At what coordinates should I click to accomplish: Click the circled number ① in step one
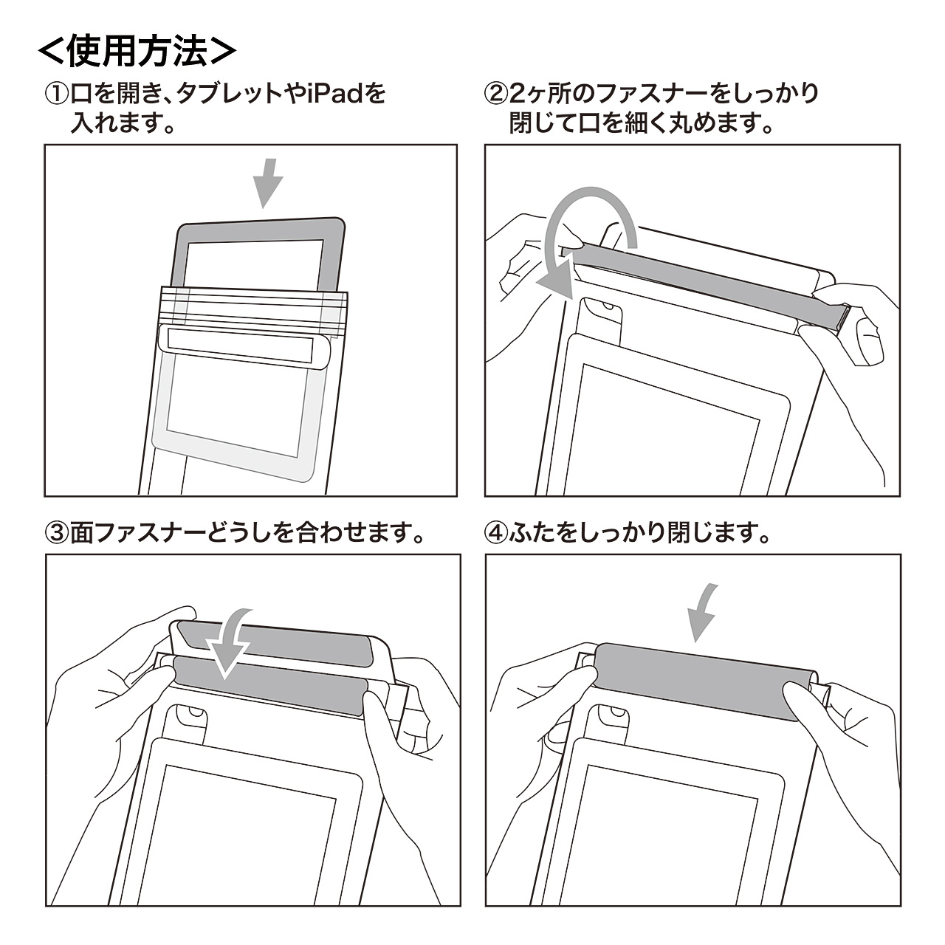[x=58, y=94]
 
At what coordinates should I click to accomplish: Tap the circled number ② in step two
[x=496, y=94]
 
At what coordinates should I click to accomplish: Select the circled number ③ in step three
[x=58, y=534]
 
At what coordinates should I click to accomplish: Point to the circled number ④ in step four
[x=496, y=534]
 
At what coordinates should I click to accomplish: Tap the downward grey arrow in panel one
[x=267, y=183]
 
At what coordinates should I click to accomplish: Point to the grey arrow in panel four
[x=701, y=614]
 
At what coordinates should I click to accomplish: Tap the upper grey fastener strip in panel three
[x=275, y=643]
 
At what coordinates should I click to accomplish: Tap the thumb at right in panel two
[x=869, y=339]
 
